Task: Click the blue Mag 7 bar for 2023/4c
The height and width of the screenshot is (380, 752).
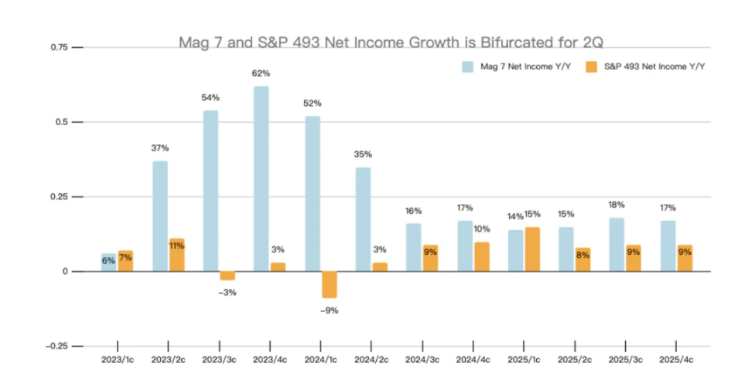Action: [261, 178]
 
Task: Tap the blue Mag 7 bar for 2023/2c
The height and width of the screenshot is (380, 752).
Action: [160, 216]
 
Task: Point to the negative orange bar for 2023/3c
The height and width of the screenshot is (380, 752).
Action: [227, 275]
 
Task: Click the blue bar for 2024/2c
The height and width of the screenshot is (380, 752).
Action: [363, 219]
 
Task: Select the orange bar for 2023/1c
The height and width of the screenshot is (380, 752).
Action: [125, 261]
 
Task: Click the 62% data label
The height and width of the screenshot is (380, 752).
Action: [261, 73]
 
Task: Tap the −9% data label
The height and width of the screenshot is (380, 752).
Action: [329, 310]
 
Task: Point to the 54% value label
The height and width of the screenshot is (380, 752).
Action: [210, 97]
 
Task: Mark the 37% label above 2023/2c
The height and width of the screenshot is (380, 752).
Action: [160, 148]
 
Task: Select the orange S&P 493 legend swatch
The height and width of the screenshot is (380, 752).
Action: [593, 66]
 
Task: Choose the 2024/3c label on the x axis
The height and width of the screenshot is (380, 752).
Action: [422, 360]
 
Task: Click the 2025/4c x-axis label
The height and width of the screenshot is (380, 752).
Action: [675, 360]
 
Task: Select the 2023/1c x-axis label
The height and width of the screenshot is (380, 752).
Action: [118, 360]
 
